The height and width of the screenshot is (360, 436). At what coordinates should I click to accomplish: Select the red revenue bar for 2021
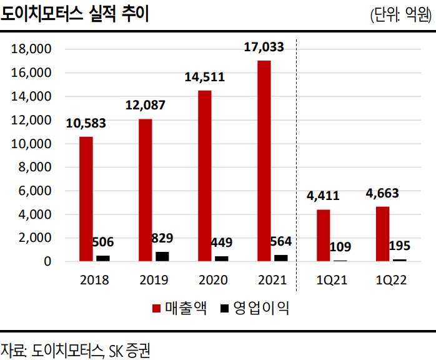point(264,161)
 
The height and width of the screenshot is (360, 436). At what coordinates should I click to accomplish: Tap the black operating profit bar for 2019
point(161,256)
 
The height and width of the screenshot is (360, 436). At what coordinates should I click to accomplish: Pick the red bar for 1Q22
point(383,233)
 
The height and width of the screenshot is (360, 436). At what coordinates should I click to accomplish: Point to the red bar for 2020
point(205,176)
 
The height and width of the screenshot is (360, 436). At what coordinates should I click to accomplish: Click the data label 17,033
point(263,47)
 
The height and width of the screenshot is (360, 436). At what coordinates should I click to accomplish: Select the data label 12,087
point(145,105)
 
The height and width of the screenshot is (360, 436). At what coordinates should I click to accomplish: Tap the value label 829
point(162,238)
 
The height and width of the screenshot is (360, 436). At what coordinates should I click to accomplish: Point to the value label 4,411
point(323,196)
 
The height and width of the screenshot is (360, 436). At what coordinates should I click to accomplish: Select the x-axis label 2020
point(212,279)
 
